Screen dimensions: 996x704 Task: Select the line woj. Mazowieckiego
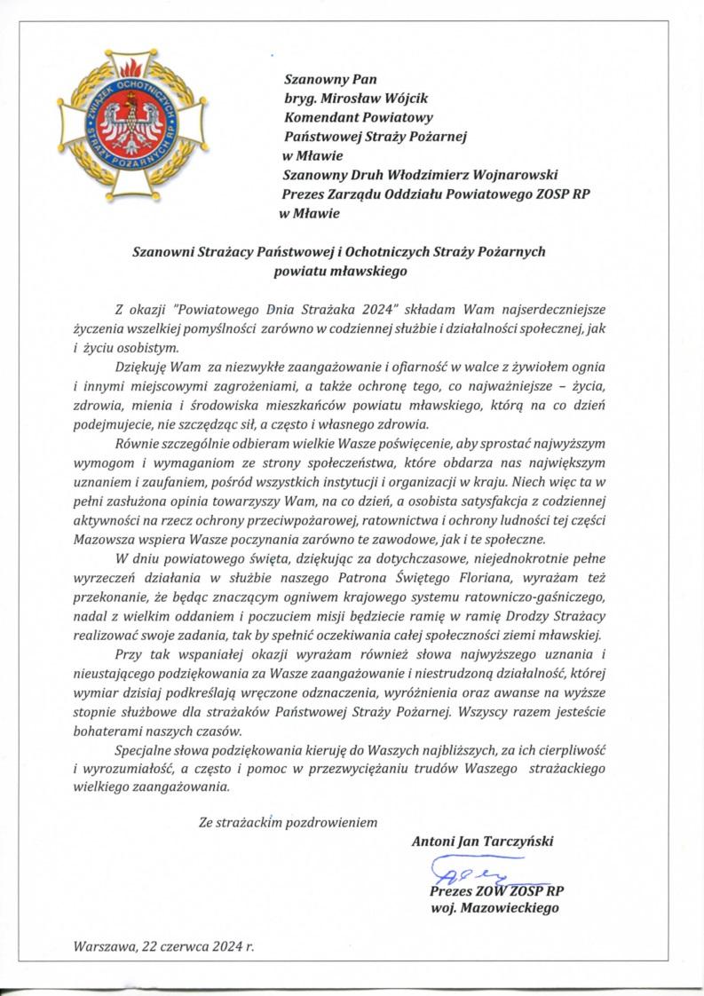click(x=494, y=908)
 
